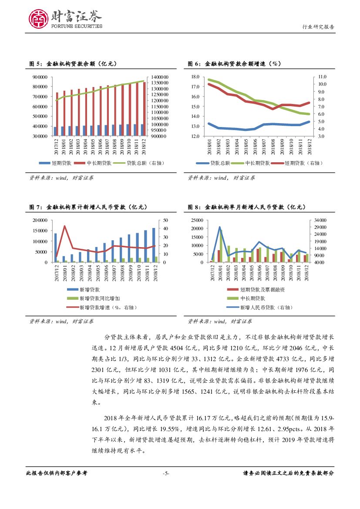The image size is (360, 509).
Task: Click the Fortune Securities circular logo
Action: click(38, 19)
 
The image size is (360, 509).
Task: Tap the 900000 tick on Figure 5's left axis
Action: click(40, 77)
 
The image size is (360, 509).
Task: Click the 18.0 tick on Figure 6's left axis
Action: click(195, 77)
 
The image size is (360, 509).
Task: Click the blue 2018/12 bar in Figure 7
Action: click(154, 245)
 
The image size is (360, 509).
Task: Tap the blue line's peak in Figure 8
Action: click(220, 227)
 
